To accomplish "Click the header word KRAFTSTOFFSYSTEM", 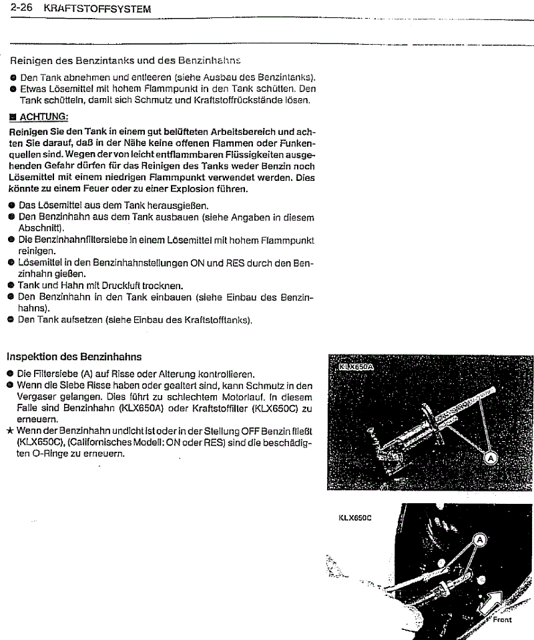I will click(96, 9).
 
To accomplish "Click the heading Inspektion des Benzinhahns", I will click(73, 357).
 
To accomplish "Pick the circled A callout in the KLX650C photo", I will click(479, 539).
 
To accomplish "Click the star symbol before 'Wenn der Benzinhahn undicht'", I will click(10, 431).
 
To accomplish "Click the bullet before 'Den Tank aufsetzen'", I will click(11, 320).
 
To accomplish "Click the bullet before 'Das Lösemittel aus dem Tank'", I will click(11, 205).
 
